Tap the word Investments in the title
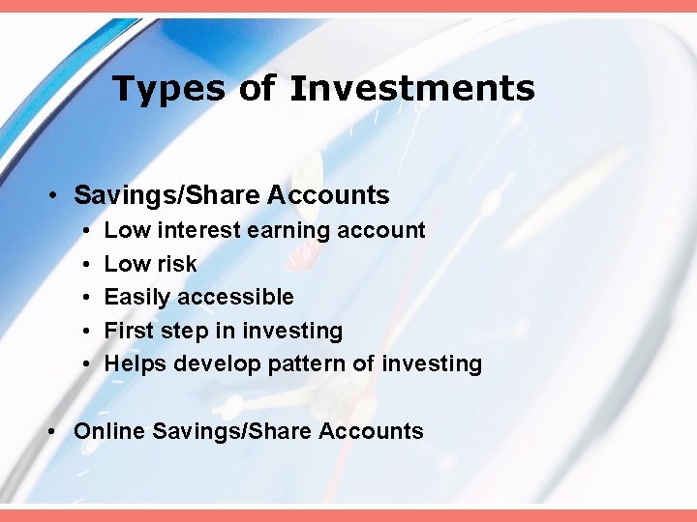(x=411, y=89)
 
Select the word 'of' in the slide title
(x=258, y=89)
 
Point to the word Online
(x=108, y=431)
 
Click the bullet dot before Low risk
(x=86, y=265)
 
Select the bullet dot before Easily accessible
(x=86, y=298)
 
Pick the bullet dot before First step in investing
(x=86, y=332)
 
